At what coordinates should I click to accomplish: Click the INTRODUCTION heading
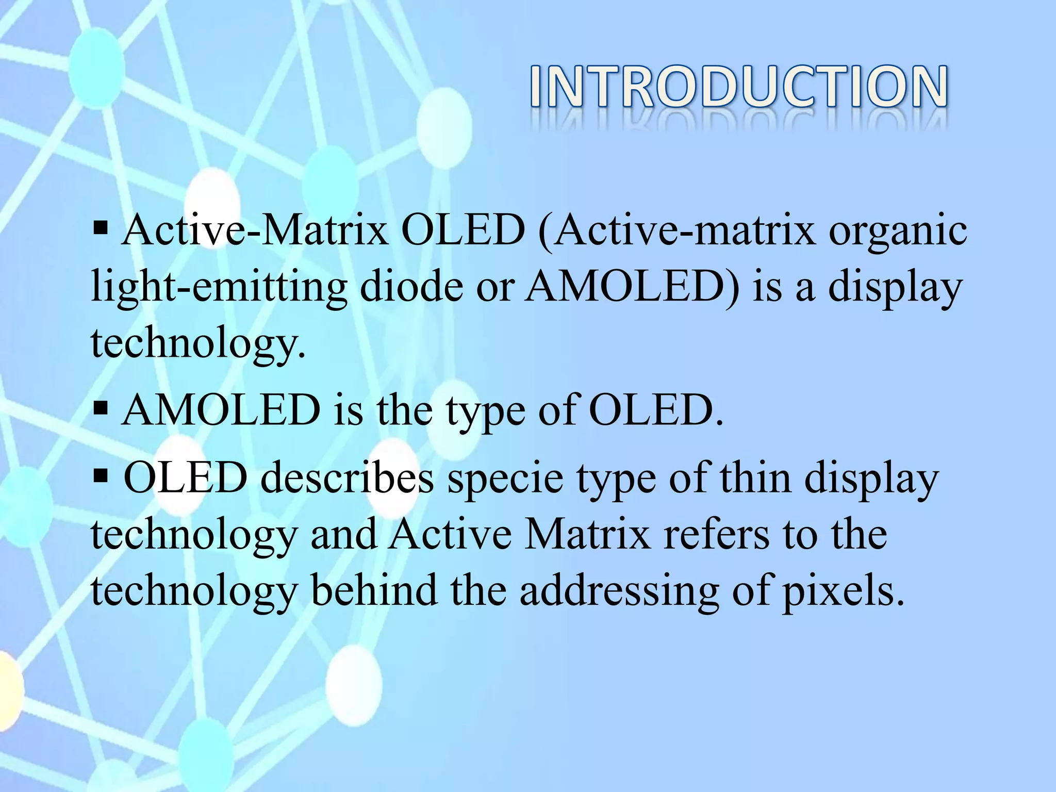(738, 87)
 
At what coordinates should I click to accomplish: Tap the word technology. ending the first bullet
(198, 344)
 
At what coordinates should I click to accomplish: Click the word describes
(346, 478)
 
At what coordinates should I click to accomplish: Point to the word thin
(755, 478)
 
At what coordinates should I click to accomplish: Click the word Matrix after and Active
(587, 535)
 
